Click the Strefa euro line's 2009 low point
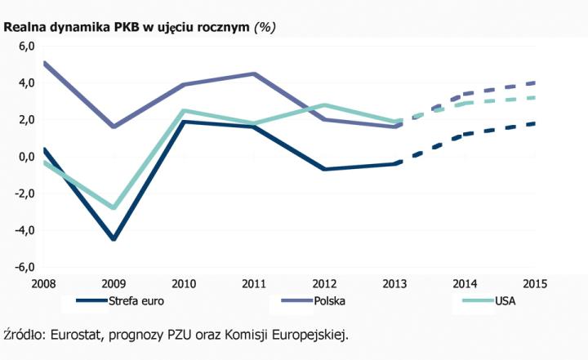(114, 239)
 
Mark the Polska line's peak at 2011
(254, 73)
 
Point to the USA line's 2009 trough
(114, 208)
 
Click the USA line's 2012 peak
(324, 105)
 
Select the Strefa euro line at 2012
(324, 169)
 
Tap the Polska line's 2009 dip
(114, 127)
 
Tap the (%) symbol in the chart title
(265, 26)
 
